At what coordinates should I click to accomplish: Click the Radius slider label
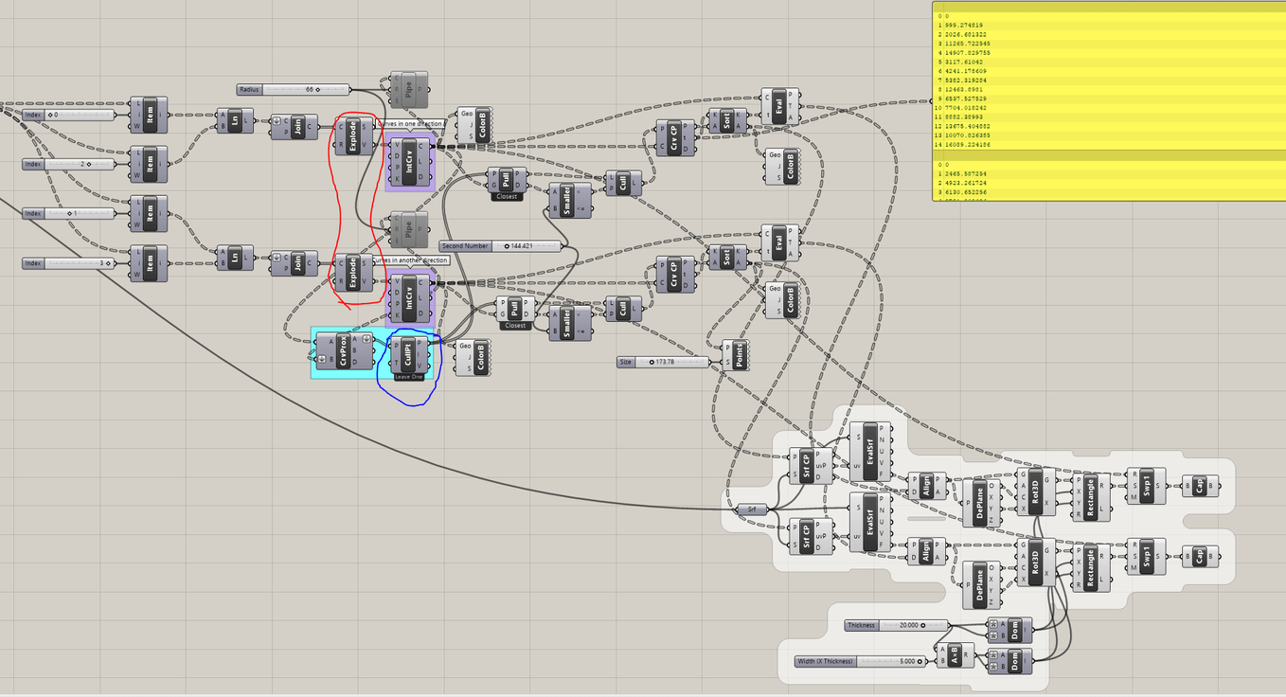pyautogui.click(x=250, y=89)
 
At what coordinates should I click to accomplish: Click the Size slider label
pyautogui.click(x=626, y=362)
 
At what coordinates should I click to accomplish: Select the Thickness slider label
pyautogui.click(x=862, y=625)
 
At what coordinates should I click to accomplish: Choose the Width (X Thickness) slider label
pyautogui.click(x=826, y=661)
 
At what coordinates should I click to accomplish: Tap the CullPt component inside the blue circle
pyautogui.click(x=407, y=353)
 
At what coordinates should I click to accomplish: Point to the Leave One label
pyautogui.click(x=409, y=377)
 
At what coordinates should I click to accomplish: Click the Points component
pyautogui.click(x=736, y=355)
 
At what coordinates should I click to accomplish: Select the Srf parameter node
pyautogui.click(x=752, y=509)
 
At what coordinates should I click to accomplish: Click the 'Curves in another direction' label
pyautogui.click(x=409, y=260)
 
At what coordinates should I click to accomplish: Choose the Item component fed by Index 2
pyautogui.click(x=150, y=164)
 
